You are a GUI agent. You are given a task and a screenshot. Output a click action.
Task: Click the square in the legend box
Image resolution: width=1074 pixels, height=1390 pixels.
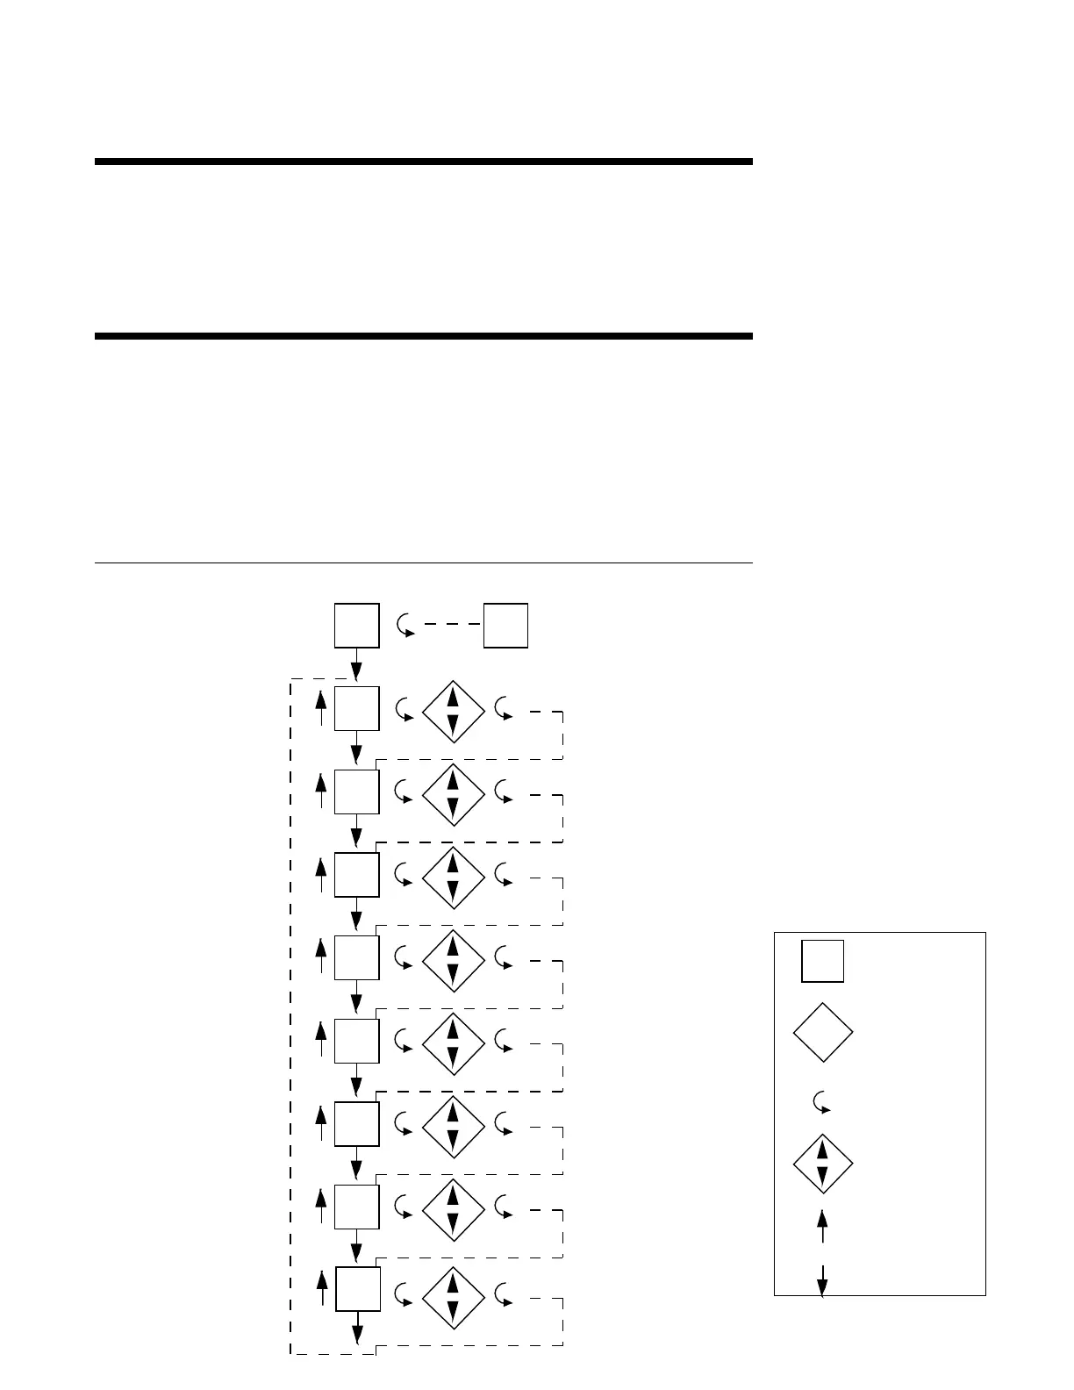pyautogui.click(x=822, y=961)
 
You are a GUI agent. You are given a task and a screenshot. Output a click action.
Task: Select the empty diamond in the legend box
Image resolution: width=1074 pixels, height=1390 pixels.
pyautogui.click(x=823, y=1033)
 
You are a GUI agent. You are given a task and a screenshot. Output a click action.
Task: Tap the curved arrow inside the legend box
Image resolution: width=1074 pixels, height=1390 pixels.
pyautogui.click(x=822, y=1102)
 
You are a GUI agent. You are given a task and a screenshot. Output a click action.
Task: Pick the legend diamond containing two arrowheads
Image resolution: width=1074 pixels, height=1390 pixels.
pyautogui.click(x=823, y=1164)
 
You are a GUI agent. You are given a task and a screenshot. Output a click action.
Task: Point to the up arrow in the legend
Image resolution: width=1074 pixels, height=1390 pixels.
pyautogui.click(x=822, y=1226)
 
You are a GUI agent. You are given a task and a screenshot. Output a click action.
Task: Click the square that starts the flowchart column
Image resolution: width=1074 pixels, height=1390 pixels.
pyautogui.click(x=357, y=626)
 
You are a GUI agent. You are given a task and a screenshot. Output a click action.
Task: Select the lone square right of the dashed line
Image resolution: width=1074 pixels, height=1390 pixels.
pyautogui.click(x=505, y=626)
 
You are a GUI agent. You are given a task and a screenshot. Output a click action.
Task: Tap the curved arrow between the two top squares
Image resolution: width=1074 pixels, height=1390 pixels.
pyautogui.click(x=405, y=625)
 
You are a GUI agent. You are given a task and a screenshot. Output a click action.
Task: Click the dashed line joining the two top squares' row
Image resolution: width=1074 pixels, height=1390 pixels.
pyautogui.click(x=453, y=625)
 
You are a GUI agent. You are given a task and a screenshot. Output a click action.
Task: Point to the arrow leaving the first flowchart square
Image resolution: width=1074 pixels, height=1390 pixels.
pyautogui.click(x=357, y=664)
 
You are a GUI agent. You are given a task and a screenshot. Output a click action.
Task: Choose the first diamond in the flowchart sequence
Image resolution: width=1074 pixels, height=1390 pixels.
pyautogui.click(x=453, y=711)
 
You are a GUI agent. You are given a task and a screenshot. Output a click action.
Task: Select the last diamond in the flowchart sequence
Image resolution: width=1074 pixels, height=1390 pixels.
pyautogui.click(x=453, y=1299)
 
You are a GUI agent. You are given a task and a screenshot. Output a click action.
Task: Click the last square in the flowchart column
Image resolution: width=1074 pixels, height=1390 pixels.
pyautogui.click(x=358, y=1289)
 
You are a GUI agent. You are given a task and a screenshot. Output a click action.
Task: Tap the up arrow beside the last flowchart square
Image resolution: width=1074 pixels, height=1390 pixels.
pyautogui.click(x=322, y=1288)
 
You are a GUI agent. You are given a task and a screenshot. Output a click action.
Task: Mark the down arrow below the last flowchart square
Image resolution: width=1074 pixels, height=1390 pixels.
pyautogui.click(x=358, y=1328)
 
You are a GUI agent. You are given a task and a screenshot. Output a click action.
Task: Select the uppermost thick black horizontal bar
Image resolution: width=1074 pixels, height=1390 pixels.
pyautogui.click(x=423, y=161)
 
